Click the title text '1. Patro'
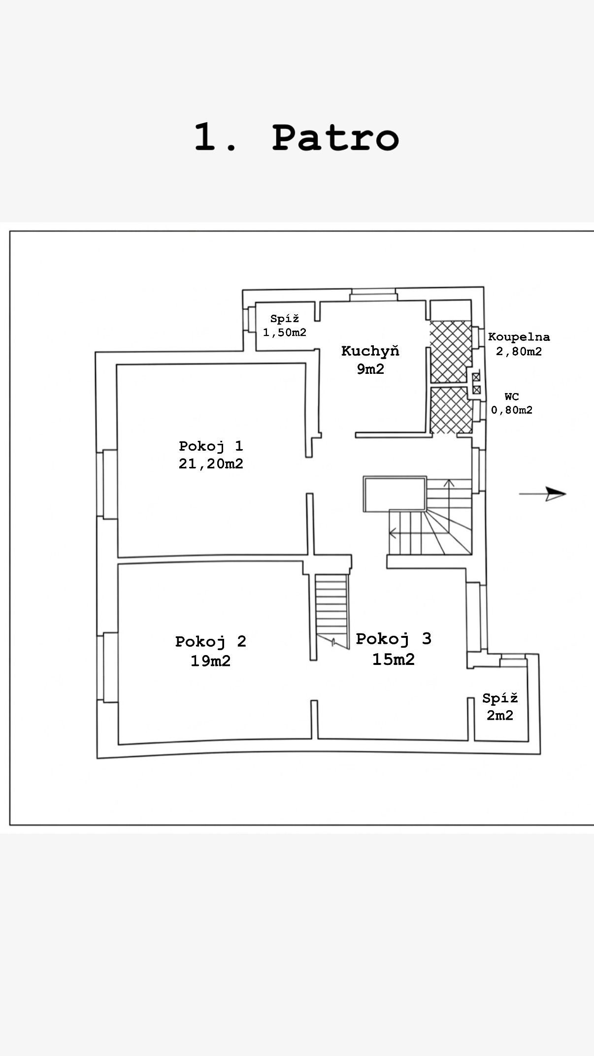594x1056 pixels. coord(296,137)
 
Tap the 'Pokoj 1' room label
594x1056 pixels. coord(211,446)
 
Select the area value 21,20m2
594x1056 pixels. coord(211,463)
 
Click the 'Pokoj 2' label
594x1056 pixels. coord(210,641)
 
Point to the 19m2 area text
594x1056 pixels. coord(210,660)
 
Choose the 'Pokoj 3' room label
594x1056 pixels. coord(394,639)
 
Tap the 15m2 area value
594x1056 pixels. coord(393,659)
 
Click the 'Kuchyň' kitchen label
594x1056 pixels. coord(370,351)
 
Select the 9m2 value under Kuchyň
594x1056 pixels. coord(370,369)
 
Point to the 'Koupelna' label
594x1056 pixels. coord(519,337)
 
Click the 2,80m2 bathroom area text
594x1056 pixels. coord(519,351)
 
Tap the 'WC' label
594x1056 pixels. coord(512,396)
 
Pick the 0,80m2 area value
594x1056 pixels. coord(512,410)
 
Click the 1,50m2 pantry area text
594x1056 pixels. coord(285,332)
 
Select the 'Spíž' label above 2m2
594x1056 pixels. coord(500,698)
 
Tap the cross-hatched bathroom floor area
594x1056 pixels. coord(450,352)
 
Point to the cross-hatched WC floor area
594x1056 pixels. coord(450,410)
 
